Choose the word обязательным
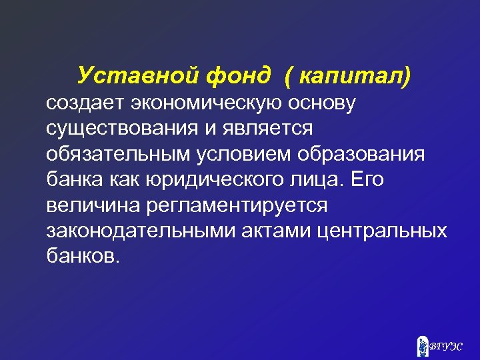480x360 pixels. click(117, 155)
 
